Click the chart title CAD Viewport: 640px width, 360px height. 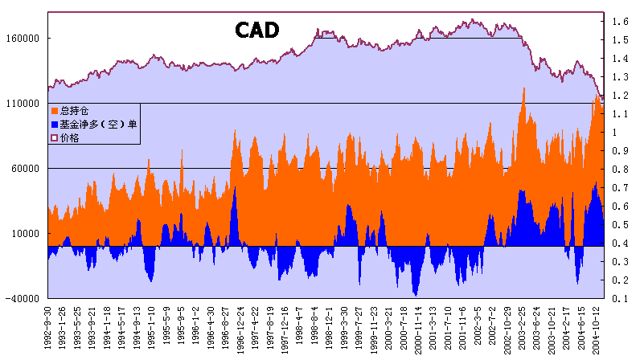tap(256, 30)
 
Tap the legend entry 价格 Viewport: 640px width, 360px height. tap(69, 137)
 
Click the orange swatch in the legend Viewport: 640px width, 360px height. tap(55, 110)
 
